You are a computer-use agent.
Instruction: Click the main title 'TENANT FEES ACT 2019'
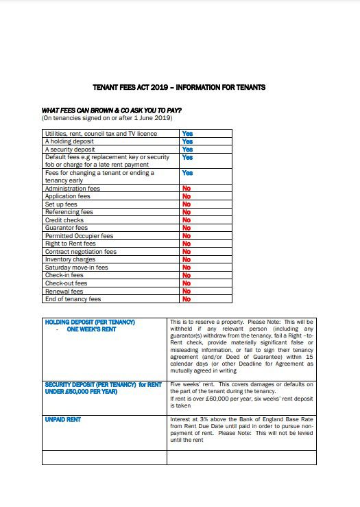click(x=178, y=88)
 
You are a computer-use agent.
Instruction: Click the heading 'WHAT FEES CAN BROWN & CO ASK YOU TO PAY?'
click(x=111, y=110)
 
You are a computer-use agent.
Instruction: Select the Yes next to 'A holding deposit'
click(x=187, y=141)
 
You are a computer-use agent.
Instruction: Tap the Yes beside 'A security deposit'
click(x=187, y=149)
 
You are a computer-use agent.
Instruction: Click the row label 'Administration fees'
click(x=72, y=189)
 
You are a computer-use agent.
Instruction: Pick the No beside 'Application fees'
click(x=186, y=196)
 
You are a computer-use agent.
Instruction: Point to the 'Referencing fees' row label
click(x=69, y=212)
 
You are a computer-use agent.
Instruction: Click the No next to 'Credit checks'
click(x=186, y=220)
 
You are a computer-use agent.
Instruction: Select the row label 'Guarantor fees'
click(x=66, y=228)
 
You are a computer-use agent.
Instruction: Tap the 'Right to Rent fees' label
click(x=70, y=244)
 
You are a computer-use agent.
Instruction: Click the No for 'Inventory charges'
click(x=186, y=259)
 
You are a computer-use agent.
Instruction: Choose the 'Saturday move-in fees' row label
click(x=76, y=268)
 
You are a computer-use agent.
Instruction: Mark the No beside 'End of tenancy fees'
click(x=186, y=299)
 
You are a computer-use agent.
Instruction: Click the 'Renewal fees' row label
click(x=64, y=291)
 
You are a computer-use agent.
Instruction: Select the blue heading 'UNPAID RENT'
click(x=62, y=419)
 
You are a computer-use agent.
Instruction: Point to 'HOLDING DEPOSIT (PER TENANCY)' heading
click(x=90, y=322)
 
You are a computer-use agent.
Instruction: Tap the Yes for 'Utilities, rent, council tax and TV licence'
click(x=187, y=134)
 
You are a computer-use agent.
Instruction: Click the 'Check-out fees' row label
click(x=66, y=283)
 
